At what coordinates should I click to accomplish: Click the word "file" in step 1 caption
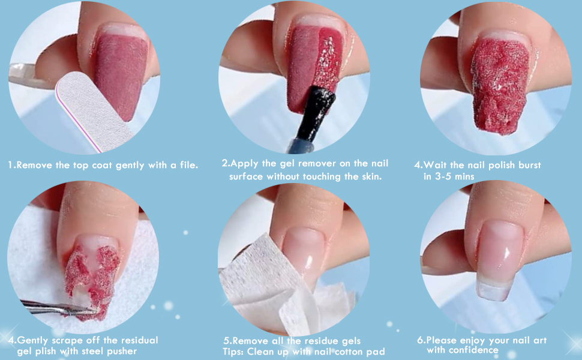click(188, 164)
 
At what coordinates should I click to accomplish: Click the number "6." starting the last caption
click(421, 340)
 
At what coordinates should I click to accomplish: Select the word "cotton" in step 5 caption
click(346, 352)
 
